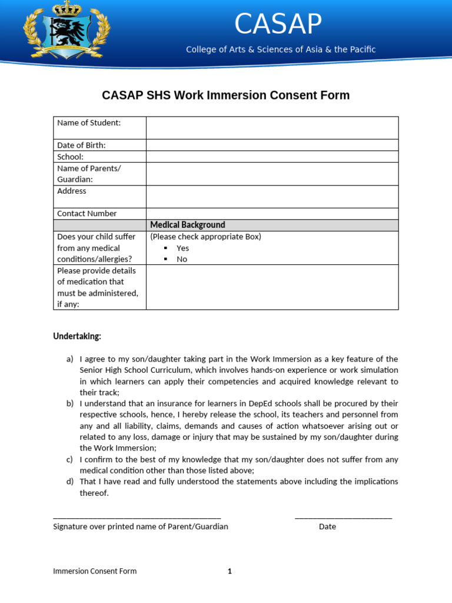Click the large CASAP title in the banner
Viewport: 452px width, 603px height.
pos(278,24)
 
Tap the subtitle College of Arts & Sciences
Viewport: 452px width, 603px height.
pos(281,49)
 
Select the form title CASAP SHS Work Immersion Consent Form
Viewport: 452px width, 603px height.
pos(226,95)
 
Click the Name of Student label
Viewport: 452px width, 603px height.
pos(89,122)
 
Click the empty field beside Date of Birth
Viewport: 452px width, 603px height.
pos(272,145)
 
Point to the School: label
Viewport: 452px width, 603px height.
pos(70,157)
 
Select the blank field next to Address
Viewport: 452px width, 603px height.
pos(272,196)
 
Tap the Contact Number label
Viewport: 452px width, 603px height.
pos(87,213)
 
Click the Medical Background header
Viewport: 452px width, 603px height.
pos(188,225)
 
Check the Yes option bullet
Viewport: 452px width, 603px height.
pos(166,248)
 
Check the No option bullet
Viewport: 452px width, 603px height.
pos(166,259)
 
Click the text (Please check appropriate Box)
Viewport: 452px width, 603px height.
pos(205,237)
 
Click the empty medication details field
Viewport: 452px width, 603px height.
pos(272,287)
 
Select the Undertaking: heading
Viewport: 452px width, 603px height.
pos(77,336)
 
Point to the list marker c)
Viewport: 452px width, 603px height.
pos(69,459)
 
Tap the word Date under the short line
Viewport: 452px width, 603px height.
pos(327,526)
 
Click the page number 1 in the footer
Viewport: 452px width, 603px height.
pos(230,571)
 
